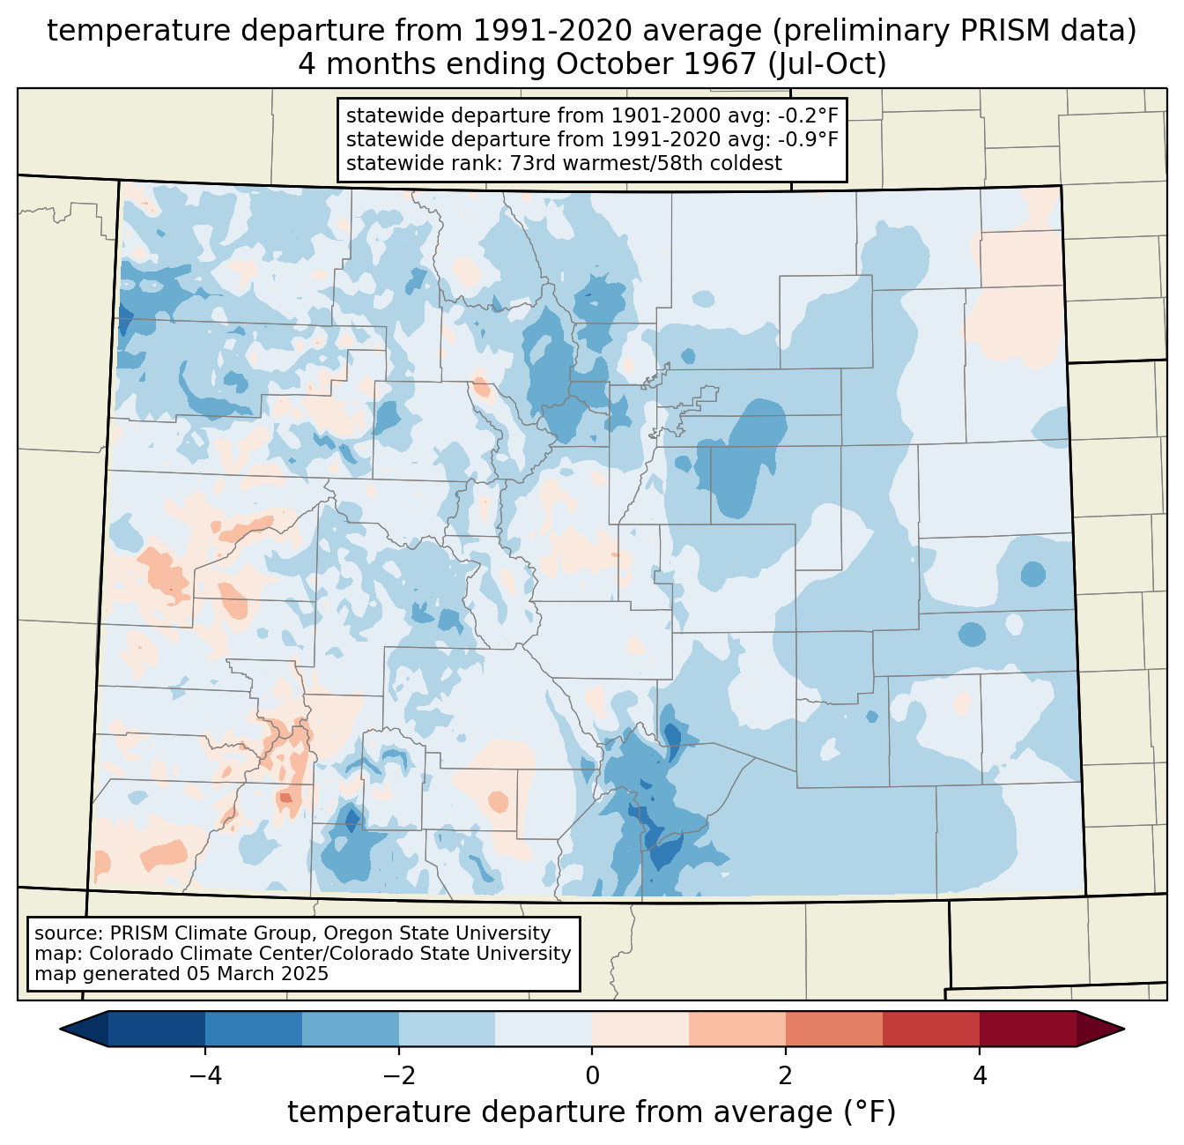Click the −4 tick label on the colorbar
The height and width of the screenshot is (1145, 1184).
[205, 1076]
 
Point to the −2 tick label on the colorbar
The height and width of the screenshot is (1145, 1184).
[399, 1076]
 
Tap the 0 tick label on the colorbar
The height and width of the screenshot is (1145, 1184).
[592, 1076]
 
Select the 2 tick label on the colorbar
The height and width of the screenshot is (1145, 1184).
[786, 1076]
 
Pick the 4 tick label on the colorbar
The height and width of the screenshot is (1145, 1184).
[979, 1076]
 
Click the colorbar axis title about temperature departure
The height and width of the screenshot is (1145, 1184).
[591, 1112]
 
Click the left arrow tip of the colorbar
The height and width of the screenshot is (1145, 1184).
[61, 1030]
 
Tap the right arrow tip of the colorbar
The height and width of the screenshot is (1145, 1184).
[1123, 1030]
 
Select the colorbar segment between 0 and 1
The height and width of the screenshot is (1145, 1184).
[640, 1030]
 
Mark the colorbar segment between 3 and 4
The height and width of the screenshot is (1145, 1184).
[930, 1030]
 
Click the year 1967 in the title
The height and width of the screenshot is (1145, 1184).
[720, 64]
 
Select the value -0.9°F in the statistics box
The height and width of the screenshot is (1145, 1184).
[807, 138]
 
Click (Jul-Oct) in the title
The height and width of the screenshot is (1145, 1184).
[827, 64]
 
